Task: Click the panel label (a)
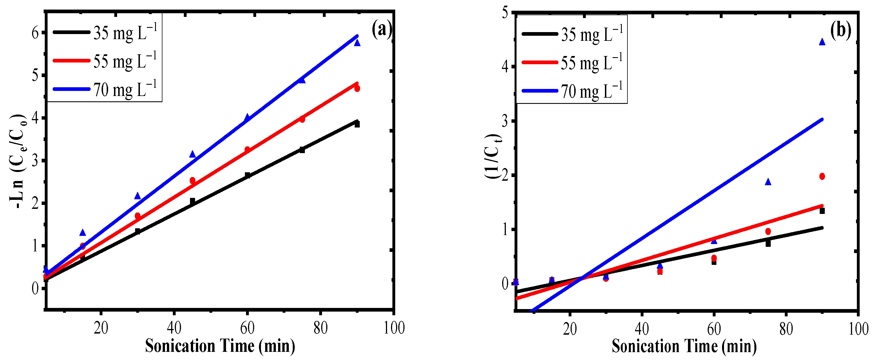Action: tap(381, 30)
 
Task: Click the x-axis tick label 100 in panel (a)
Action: tap(394, 328)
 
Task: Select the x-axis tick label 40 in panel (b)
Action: tap(642, 329)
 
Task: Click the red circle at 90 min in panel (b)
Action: tap(822, 176)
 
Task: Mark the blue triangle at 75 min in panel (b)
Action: tap(768, 182)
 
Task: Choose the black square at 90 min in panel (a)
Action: tap(357, 124)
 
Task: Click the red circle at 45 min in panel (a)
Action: tap(193, 180)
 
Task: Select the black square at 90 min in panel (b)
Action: tap(822, 211)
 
